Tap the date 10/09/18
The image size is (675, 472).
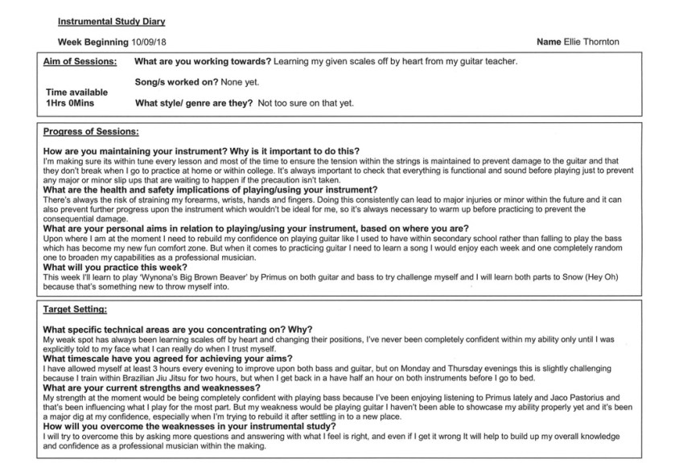(x=148, y=42)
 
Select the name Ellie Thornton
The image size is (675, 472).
(x=591, y=42)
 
